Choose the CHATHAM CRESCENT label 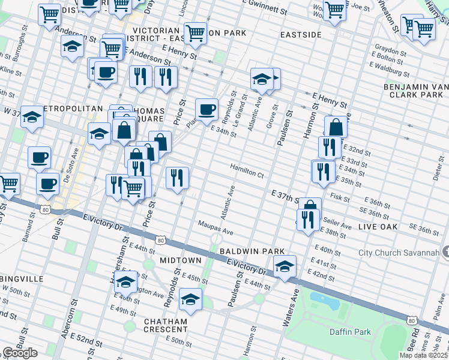tap(165, 326)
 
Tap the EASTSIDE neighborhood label tap(301, 35)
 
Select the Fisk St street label tap(340, 197)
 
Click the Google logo tap(19, 353)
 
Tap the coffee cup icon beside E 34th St tap(206, 109)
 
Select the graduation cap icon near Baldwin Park tap(285, 265)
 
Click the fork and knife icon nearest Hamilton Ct tap(176, 177)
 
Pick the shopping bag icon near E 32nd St tap(336, 127)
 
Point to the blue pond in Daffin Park tap(325, 298)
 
